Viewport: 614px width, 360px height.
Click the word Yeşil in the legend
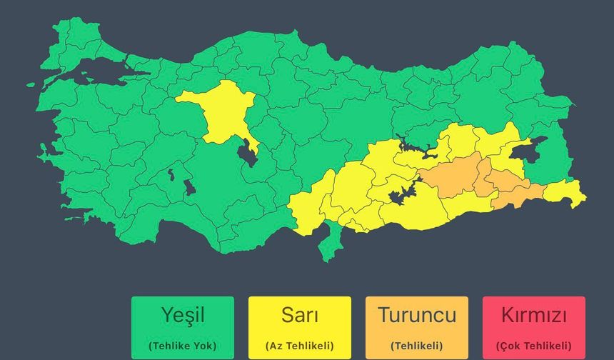tap(183, 314)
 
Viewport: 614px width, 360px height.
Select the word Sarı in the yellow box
tap(300, 314)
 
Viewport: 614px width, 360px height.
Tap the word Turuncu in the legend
tap(417, 314)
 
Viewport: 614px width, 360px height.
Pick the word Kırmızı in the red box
tap(534, 314)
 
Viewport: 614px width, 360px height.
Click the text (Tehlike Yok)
tap(183, 346)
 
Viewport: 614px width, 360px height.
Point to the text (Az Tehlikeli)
tap(300, 346)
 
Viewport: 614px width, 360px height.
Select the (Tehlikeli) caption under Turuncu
tap(417, 346)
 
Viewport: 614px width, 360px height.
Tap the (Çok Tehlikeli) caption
tap(534, 346)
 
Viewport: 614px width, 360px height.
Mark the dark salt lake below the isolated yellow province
tap(248, 152)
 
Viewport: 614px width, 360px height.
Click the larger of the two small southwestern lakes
tap(189, 187)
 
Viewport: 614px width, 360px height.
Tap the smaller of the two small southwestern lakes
tap(171, 173)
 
